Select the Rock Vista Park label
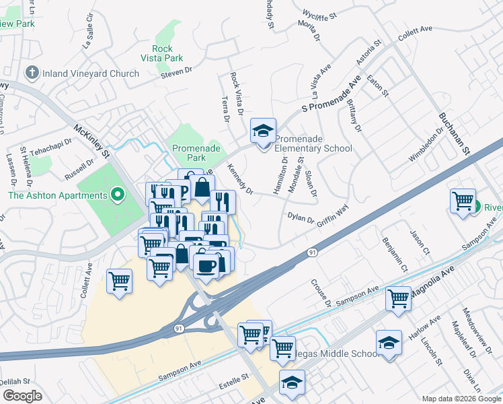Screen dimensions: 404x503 tap(162, 53)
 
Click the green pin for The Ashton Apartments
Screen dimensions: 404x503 tap(118, 196)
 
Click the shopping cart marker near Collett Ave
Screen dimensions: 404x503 tap(119, 281)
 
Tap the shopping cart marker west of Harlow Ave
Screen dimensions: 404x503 tap(398, 297)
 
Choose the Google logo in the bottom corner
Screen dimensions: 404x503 tap(22, 396)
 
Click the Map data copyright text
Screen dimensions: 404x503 tap(461, 399)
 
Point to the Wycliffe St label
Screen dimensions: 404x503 tap(319, 13)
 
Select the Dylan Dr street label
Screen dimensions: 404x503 tap(301, 219)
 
